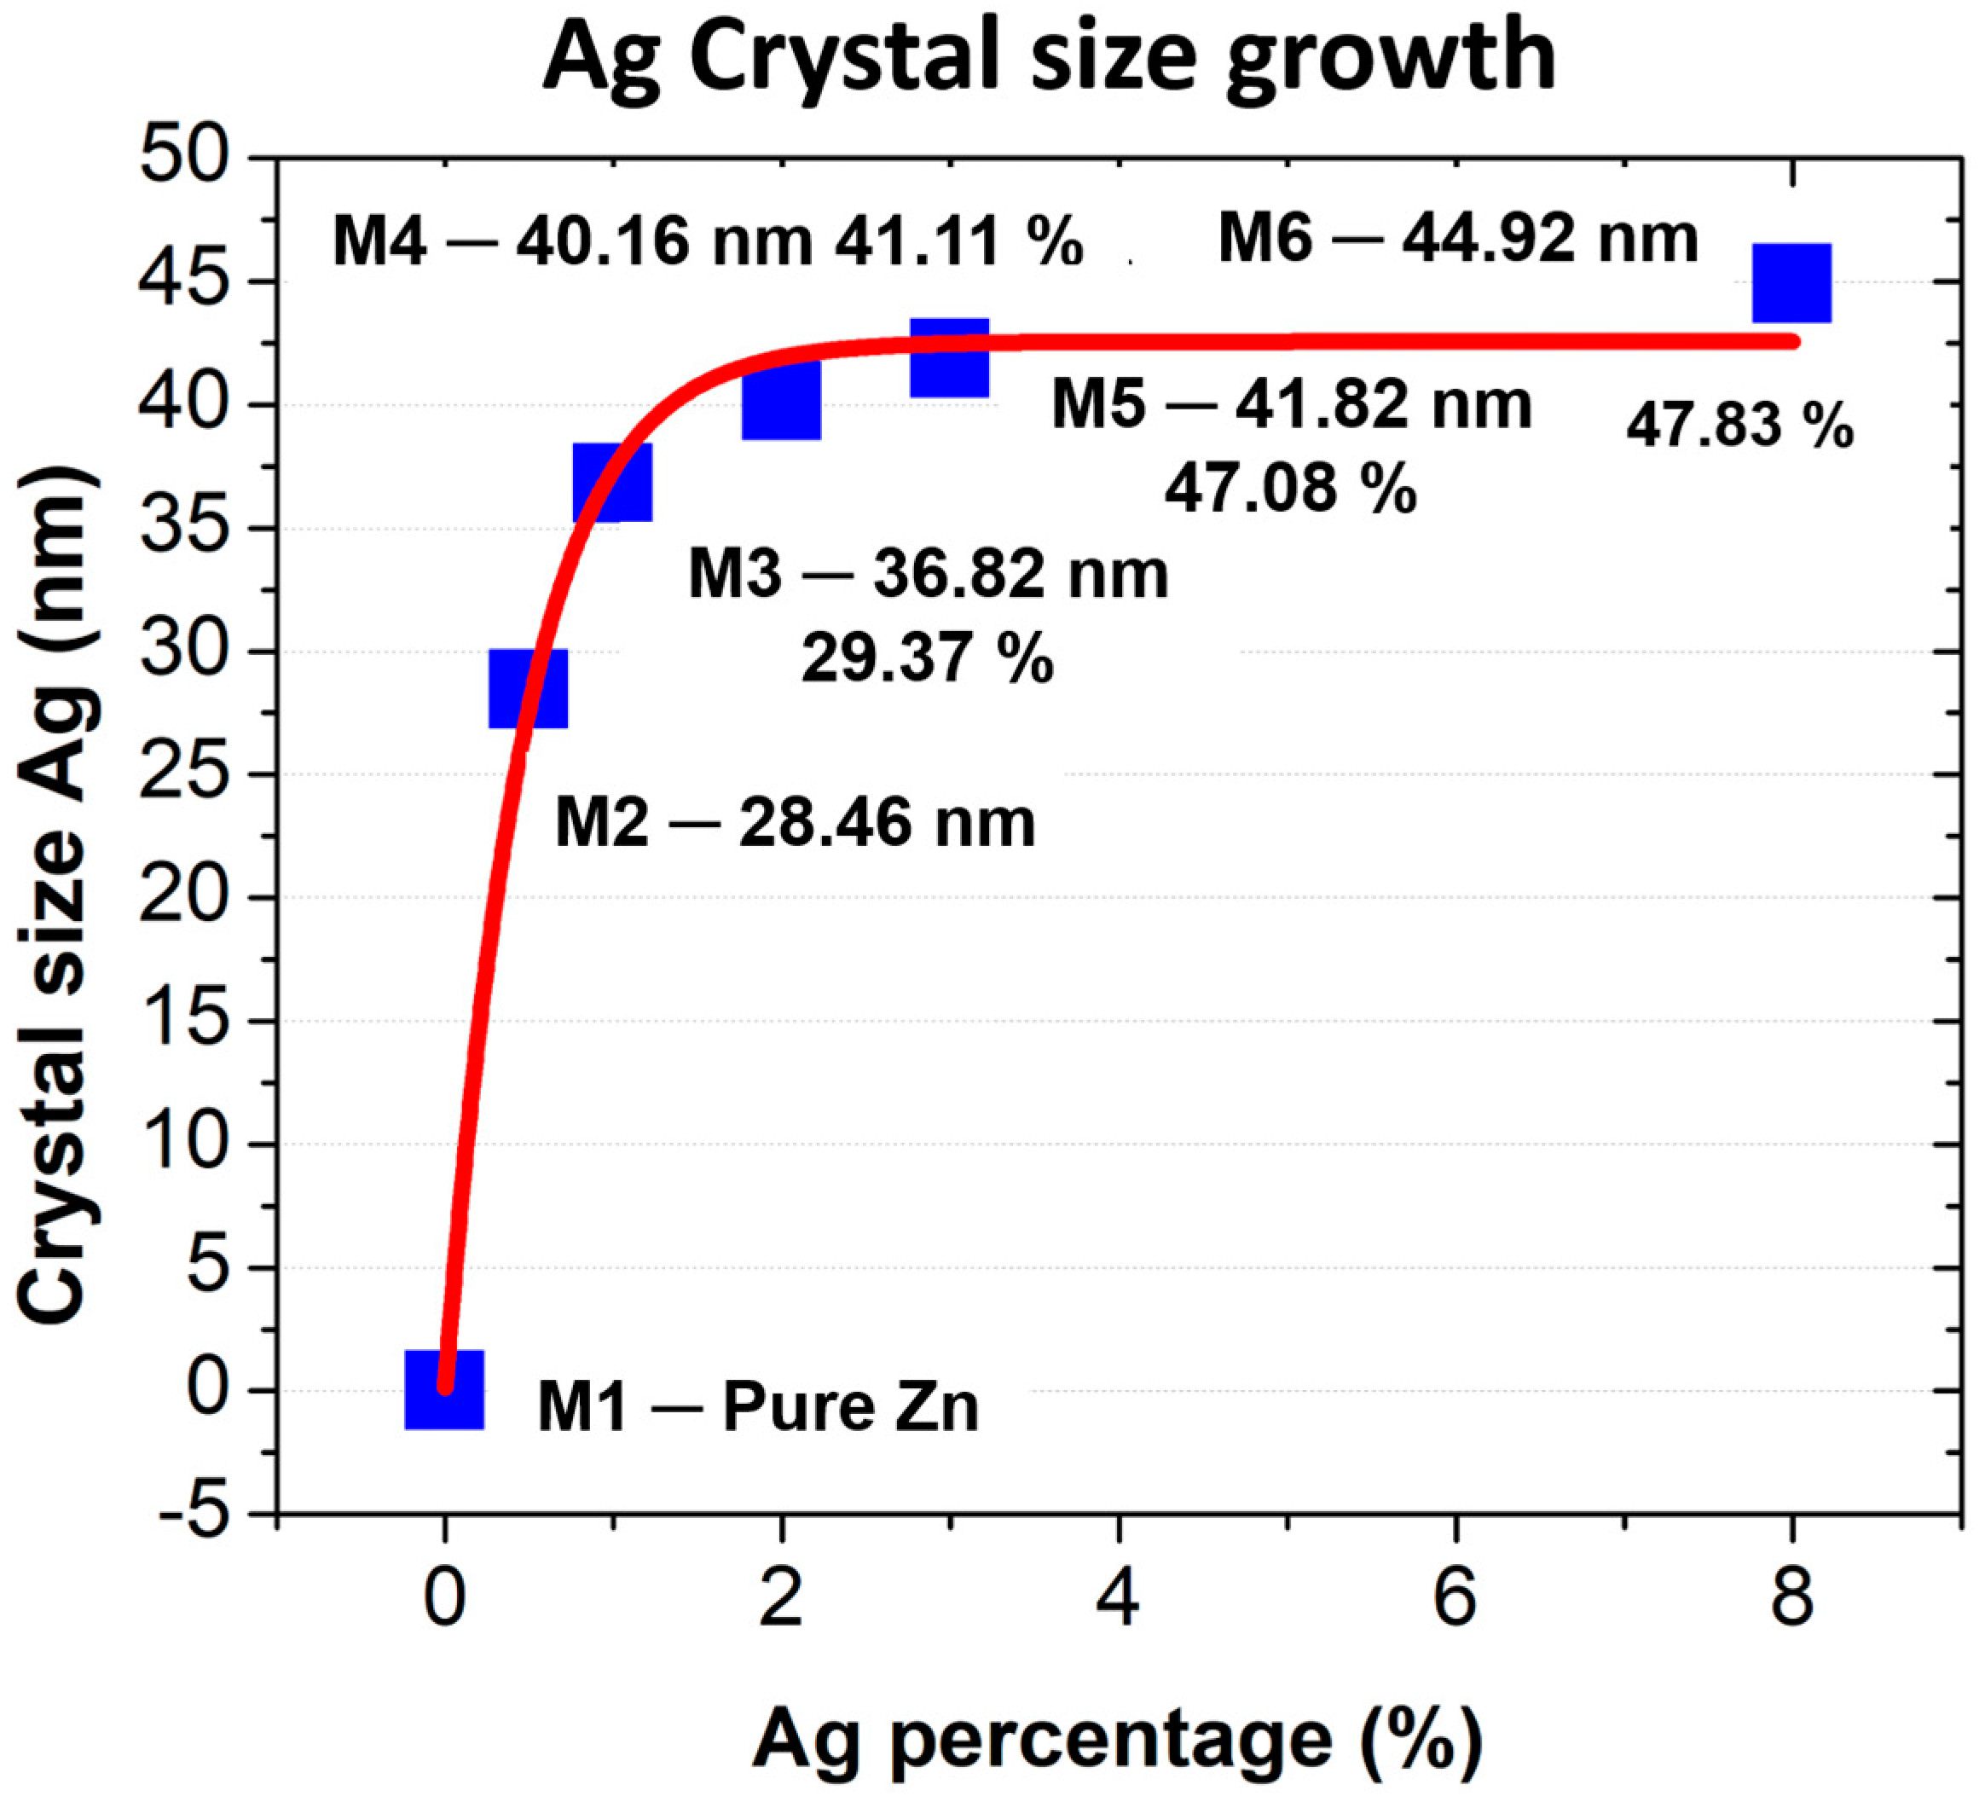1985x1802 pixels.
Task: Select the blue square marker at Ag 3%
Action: [x=948, y=357]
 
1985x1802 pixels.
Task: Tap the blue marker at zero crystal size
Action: [x=444, y=1388]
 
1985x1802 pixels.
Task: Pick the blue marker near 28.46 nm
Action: [x=528, y=688]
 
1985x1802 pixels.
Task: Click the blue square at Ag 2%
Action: [x=781, y=400]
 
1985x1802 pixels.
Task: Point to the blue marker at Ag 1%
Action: [x=611, y=482]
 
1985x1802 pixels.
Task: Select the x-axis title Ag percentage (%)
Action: [x=1117, y=1738]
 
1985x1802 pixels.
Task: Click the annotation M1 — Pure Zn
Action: [x=758, y=1406]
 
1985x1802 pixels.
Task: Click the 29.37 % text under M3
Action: [x=927, y=658]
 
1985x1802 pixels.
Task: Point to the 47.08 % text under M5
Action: [x=1290, y=489]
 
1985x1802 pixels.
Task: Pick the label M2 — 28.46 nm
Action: [x=795, y=822]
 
